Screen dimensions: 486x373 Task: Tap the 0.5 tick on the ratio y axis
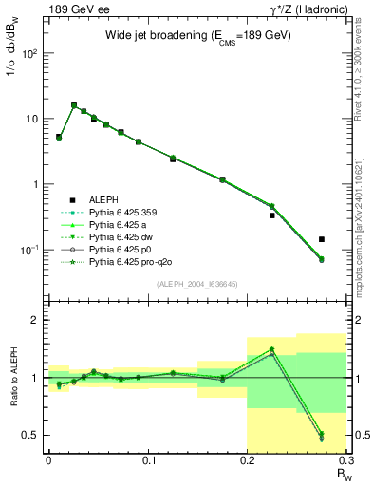[x=31, y=435]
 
